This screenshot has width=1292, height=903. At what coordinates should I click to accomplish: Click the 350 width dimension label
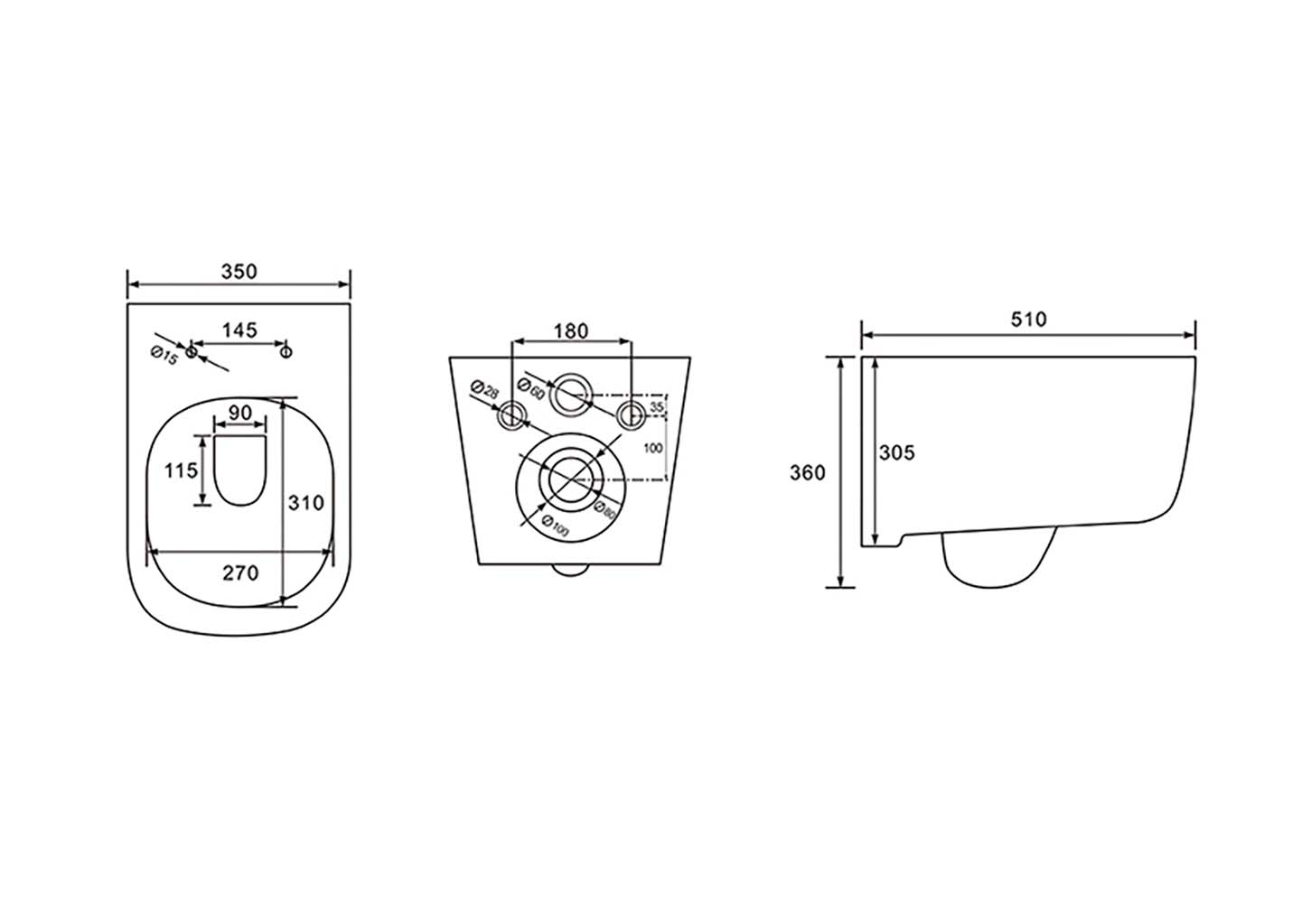pyautogui.click(x=239, y=272)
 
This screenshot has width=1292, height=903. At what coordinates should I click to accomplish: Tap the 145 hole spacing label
pyautogui.click(x=240, y=330)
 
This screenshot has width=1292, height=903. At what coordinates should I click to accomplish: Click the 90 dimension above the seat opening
pyautogui.click(x=240, y=413)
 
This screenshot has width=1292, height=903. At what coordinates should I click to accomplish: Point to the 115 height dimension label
pyautogui.click(x=181, y=471)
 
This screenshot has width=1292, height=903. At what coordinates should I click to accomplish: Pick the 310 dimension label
pyautogui.click(x=306, y=503)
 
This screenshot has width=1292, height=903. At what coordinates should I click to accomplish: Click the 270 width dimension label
pyautogui.click(x=240, y=573)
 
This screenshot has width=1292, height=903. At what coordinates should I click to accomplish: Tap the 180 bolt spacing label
pyautogui.click(x=571, y=331)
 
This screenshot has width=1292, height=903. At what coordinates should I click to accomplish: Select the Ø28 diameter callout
pyautogui.click(x=484, y=390)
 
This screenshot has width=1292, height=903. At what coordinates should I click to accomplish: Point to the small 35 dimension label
pyautogui.click(x=657, y=407)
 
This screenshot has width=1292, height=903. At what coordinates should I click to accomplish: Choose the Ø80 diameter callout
pyautogui.click(x=605, y=510)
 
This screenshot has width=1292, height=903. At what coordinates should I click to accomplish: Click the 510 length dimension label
pyautogui.click(x=1029, y=320)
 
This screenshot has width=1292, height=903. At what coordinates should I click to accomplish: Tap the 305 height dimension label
pyautogui.click(x=897, y=453)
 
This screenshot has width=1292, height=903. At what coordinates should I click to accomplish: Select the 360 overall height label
pyautogui.click(x=808, y=473)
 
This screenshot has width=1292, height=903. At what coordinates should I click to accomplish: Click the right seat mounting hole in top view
pyautogui.click(x=286, y=351)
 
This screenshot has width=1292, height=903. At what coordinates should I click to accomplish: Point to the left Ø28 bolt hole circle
pyautogui.click(x=511, y=415)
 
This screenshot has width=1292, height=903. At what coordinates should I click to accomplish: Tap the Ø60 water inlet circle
pyautogui.click(x=570, y=395)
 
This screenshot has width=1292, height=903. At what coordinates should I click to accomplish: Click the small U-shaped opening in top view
pyautogui.click(x=240, y=470)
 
